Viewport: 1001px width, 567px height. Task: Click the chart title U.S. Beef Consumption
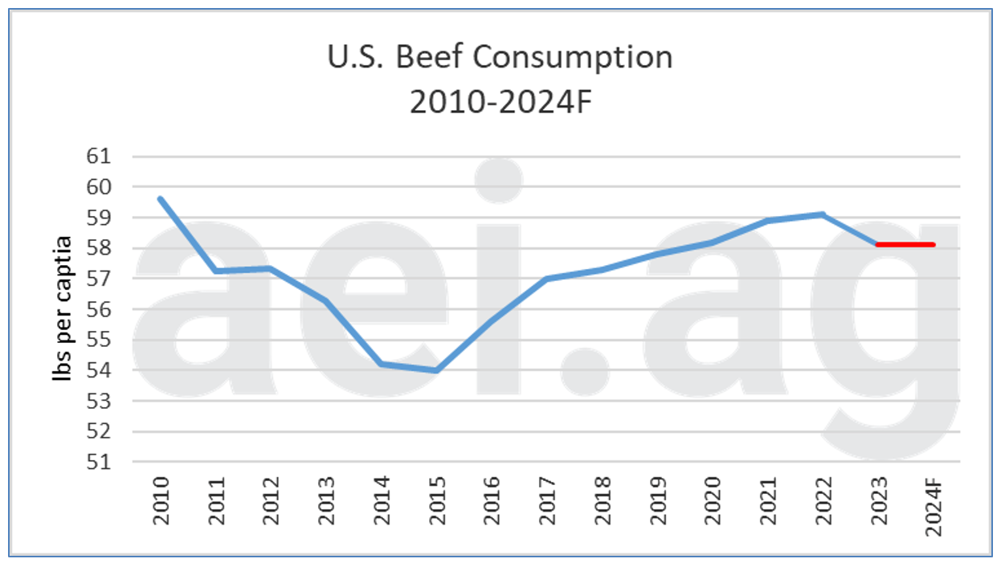pos(500,58)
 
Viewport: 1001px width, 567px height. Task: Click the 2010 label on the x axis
pos(161,500)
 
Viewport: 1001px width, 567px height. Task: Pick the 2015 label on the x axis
pos(436,500)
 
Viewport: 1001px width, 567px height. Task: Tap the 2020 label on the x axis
pos(712,500)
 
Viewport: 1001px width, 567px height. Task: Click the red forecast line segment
pos(905,244)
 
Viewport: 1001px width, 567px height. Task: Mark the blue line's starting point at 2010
pos(161,199)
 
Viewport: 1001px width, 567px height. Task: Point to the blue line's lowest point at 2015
pos(436,370)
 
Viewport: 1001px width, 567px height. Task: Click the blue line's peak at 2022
pos(823,214)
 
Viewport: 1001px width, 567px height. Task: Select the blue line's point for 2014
pos(381,364)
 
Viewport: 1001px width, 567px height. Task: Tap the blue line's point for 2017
pos(546,279)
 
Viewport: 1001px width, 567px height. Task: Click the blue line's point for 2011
pos(216,271)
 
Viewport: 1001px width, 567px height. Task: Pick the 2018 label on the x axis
pos(602,500)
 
